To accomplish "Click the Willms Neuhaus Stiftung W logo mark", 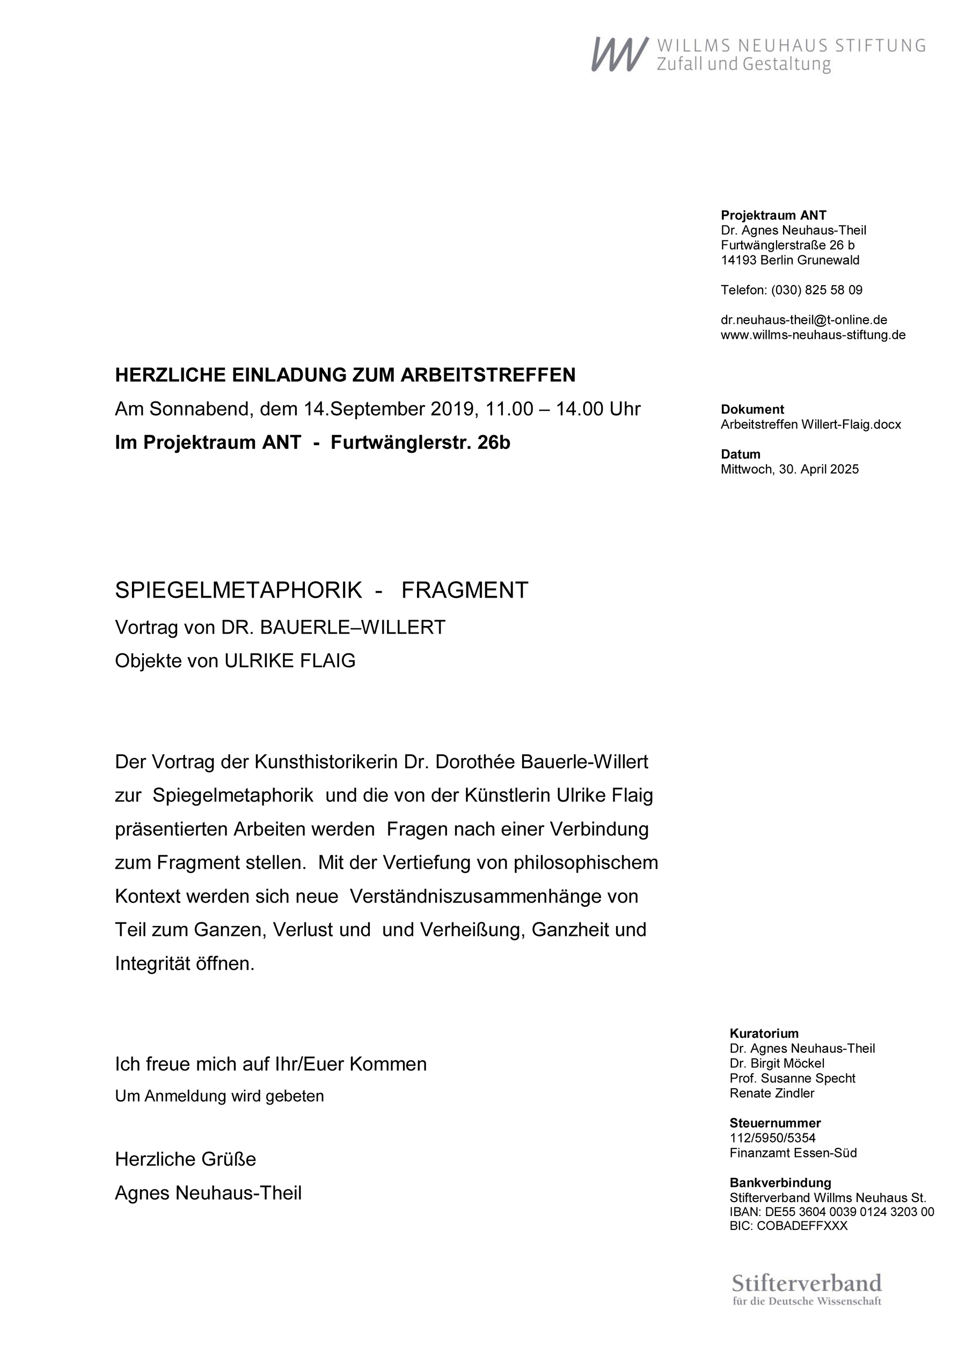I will [619, 54].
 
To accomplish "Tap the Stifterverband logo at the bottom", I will [806, 1289].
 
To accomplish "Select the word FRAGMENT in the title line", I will [465, 590].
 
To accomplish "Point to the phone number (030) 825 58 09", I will [817, 290].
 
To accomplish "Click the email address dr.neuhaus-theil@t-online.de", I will [803, 320].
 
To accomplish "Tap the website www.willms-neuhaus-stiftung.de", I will [813, 335].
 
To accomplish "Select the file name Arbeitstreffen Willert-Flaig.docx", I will [811, 425].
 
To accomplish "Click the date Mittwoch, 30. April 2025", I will [789, 469].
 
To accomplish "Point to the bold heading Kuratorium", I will [764, 1033].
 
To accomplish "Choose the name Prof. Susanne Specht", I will [792, 1078].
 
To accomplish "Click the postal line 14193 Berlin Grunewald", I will [790, 260].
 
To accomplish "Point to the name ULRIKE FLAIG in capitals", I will [290, 661].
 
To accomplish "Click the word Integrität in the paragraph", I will [153, 964].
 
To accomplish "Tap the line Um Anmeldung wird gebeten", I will [219, 1096].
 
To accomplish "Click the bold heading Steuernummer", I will [775, 1123].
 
